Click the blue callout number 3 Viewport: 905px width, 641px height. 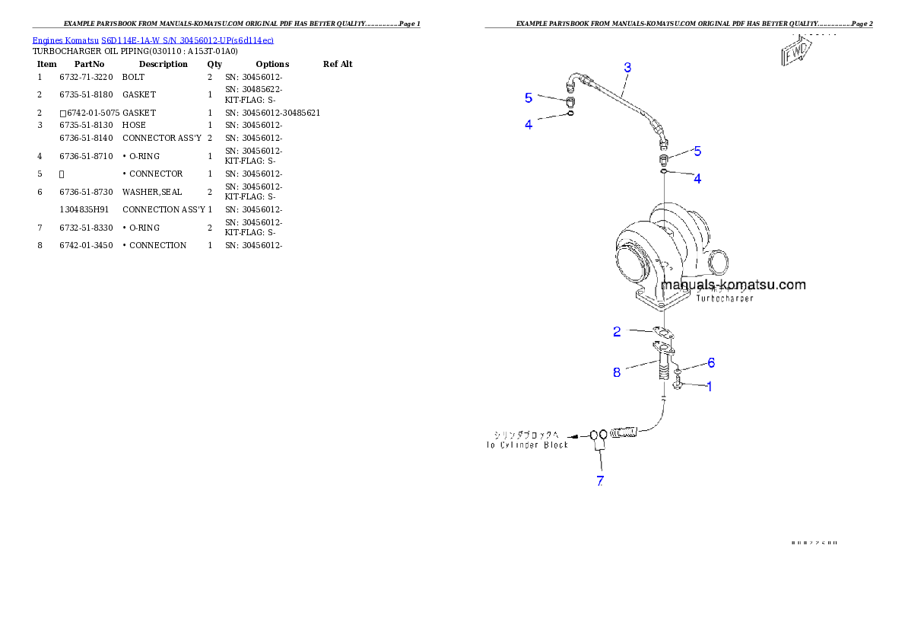pyautogui.click(x=627, y=68)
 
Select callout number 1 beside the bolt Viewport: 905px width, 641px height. pyautogui.click(x=710, y=386)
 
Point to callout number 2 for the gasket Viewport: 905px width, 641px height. pyautogui.click(x=617, y=331)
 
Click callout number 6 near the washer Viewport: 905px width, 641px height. pyautogui.click(x=711, y=362)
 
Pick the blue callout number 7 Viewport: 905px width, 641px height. pyautogui.click(x=600, y=480)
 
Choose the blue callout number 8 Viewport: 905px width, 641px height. pyautogui.click(x=617, y=372)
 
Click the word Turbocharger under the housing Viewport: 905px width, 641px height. pyautogui.click(x=725, y=298)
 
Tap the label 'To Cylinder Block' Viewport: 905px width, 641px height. pyautogui.click(x=529, y=445)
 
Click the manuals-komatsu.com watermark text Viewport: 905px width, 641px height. pyautogui.click(x=733, y=285)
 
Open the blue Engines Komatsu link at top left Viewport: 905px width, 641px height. pyautogui.click(x=153, y=40)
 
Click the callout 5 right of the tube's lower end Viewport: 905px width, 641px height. pyautogui.click(x=697, y=151)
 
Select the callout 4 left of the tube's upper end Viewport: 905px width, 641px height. pyautogui.click(x=529, y=124)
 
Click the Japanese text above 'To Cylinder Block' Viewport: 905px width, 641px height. pyautogui.click(x=529, y=435)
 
